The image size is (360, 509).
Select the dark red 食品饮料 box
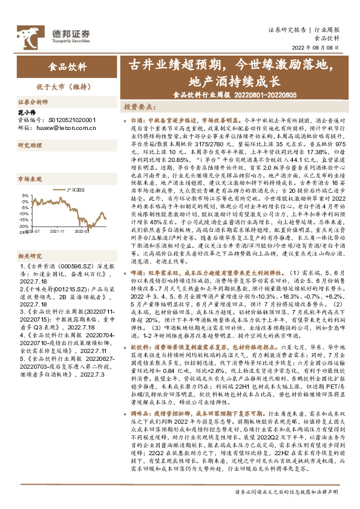[67, 66]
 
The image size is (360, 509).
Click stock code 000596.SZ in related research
[72, 249]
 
